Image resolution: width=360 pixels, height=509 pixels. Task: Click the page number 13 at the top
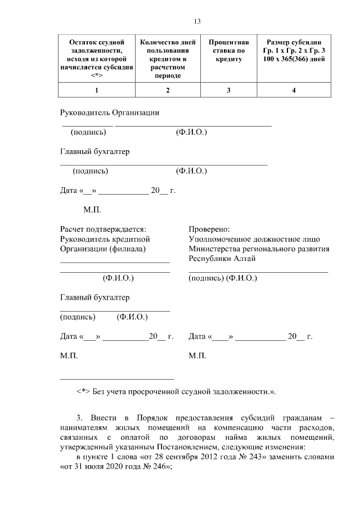pyautogui.click(x=197, y=21)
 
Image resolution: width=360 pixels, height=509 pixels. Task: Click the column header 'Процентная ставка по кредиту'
pyautogui.click(x=228, y=51)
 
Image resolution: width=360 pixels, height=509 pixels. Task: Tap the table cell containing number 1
pyautogui.click(x=97, y=91)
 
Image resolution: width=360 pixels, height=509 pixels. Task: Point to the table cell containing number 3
pyautogui.click(x=228, y=91)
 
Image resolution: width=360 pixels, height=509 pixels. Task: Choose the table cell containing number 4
pyautogui.click(x=294, y=91)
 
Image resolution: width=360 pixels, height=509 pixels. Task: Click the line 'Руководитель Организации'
pyautogui.click(x=110, y=112)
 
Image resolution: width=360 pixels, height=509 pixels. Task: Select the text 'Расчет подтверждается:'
pyautogui.click(x=103, y=229)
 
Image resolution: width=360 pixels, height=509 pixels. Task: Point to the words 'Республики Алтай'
pyautogui.click(x=222, y=258)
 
